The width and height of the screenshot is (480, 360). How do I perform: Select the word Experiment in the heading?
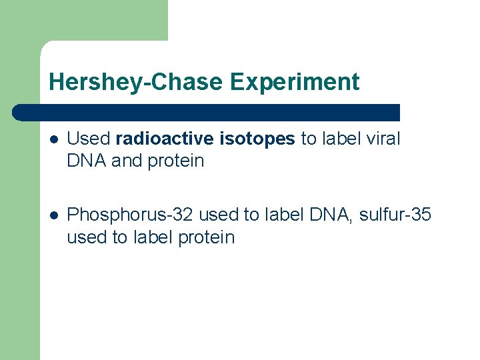[295, 82]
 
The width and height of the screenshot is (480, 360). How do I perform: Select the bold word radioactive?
[165, 139]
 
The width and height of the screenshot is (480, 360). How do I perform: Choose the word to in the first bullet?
[309, 139]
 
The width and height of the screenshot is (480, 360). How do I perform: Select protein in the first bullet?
[176, 161]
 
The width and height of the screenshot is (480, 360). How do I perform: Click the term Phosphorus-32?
[131, 215]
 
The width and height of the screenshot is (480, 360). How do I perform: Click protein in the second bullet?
[207, 237]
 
